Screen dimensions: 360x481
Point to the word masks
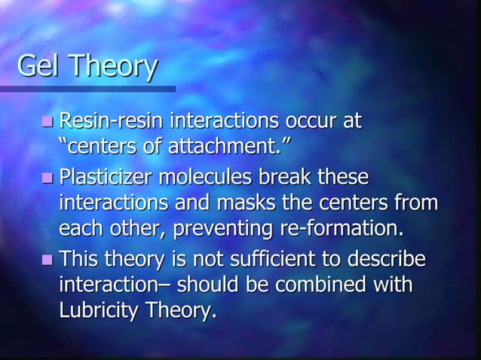[x=244, y=201]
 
